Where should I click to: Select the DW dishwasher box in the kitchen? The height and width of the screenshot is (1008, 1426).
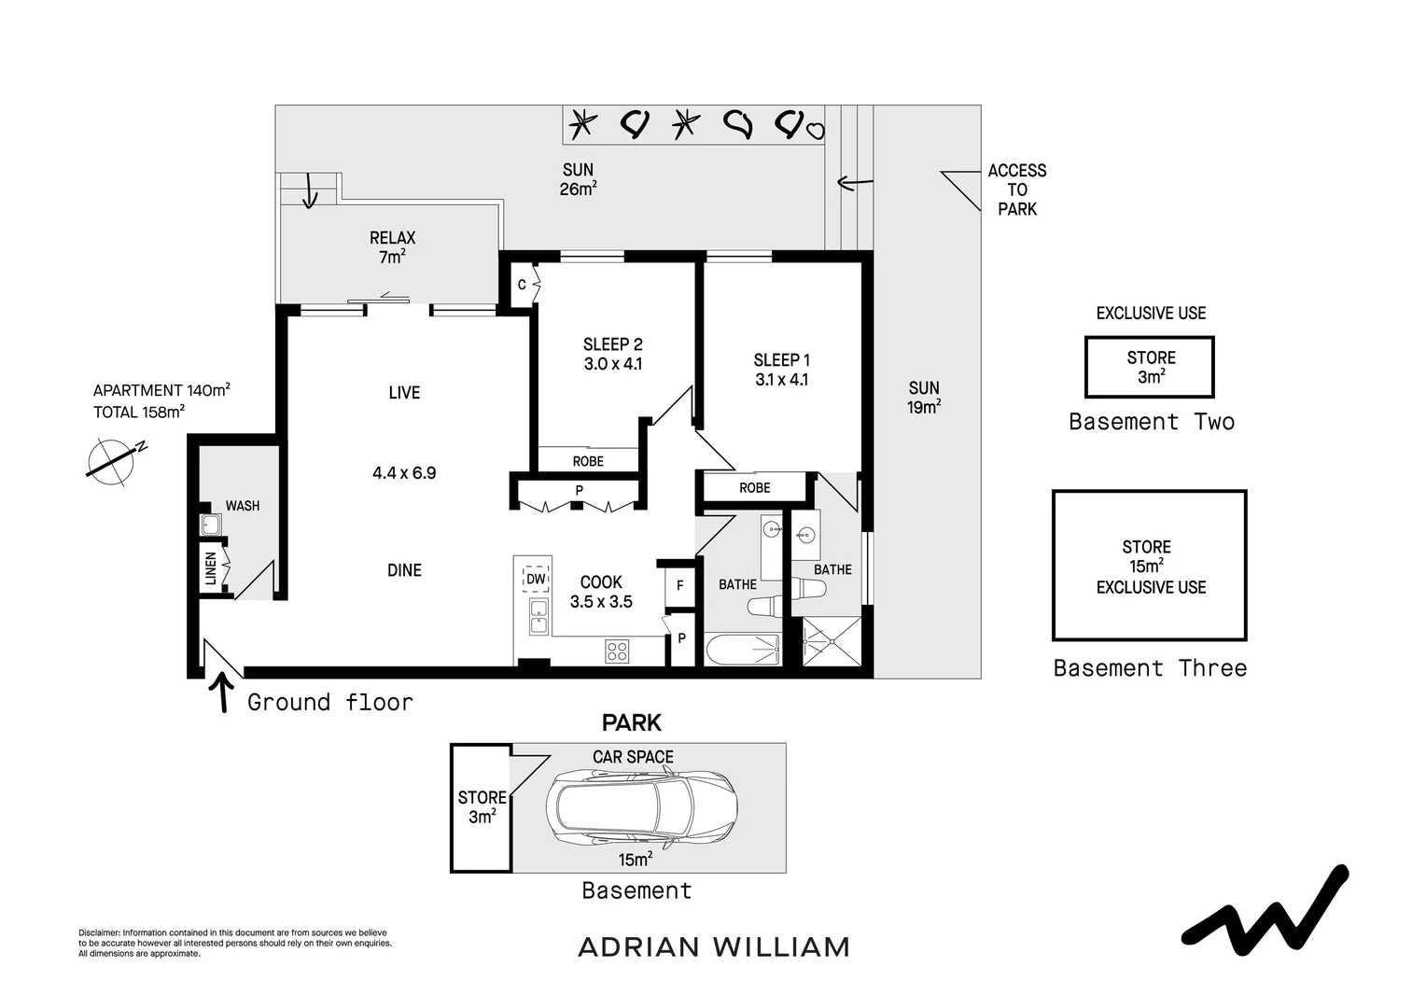point(536,579)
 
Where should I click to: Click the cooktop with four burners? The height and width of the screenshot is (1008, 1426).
point(617,651)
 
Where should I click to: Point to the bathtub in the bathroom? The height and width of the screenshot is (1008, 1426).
point(742,650)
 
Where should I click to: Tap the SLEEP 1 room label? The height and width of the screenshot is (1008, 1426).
point(781,360)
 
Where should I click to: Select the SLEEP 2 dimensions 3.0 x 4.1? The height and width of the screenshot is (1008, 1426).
point(612,365)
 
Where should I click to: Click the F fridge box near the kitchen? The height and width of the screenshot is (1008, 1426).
point(680,586)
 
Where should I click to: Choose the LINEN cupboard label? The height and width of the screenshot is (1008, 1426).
point(211,569)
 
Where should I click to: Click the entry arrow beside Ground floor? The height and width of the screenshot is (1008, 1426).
point(223,693)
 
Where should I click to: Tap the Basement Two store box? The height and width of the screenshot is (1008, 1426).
point(1149,367)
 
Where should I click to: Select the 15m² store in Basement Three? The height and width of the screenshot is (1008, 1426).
point(1149,566)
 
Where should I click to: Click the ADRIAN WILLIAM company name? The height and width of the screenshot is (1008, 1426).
point(714,947)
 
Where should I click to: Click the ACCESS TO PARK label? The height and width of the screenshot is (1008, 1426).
point(1016,189)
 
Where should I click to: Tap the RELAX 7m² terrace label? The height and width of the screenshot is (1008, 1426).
point(392,247)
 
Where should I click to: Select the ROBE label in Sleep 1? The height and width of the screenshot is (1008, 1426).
point(754,488)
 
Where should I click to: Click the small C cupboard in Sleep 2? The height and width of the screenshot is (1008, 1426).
point(522,285)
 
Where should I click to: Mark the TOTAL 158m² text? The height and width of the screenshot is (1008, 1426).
point(138,412)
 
